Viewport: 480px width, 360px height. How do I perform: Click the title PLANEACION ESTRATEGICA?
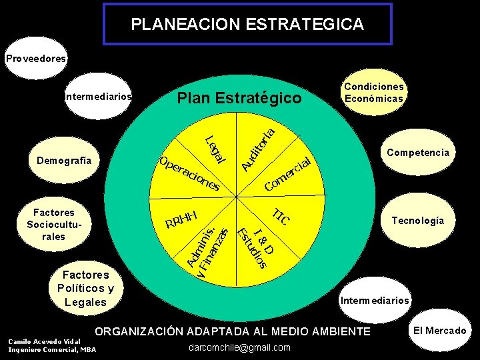coord(247,25)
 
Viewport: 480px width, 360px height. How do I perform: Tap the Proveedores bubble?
coord(37,59)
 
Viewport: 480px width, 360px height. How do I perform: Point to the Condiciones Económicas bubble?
coord(373,93)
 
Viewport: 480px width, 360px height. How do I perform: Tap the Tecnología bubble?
coord(417,221)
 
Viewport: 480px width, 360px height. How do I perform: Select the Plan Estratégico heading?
coord(239,99)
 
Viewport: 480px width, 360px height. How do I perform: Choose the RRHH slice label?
coord(183,219)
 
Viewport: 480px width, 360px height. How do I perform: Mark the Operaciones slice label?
coord(189,174)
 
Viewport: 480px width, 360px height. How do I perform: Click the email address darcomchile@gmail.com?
coord(240,347)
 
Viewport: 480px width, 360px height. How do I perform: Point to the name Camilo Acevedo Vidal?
coord(44,341)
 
